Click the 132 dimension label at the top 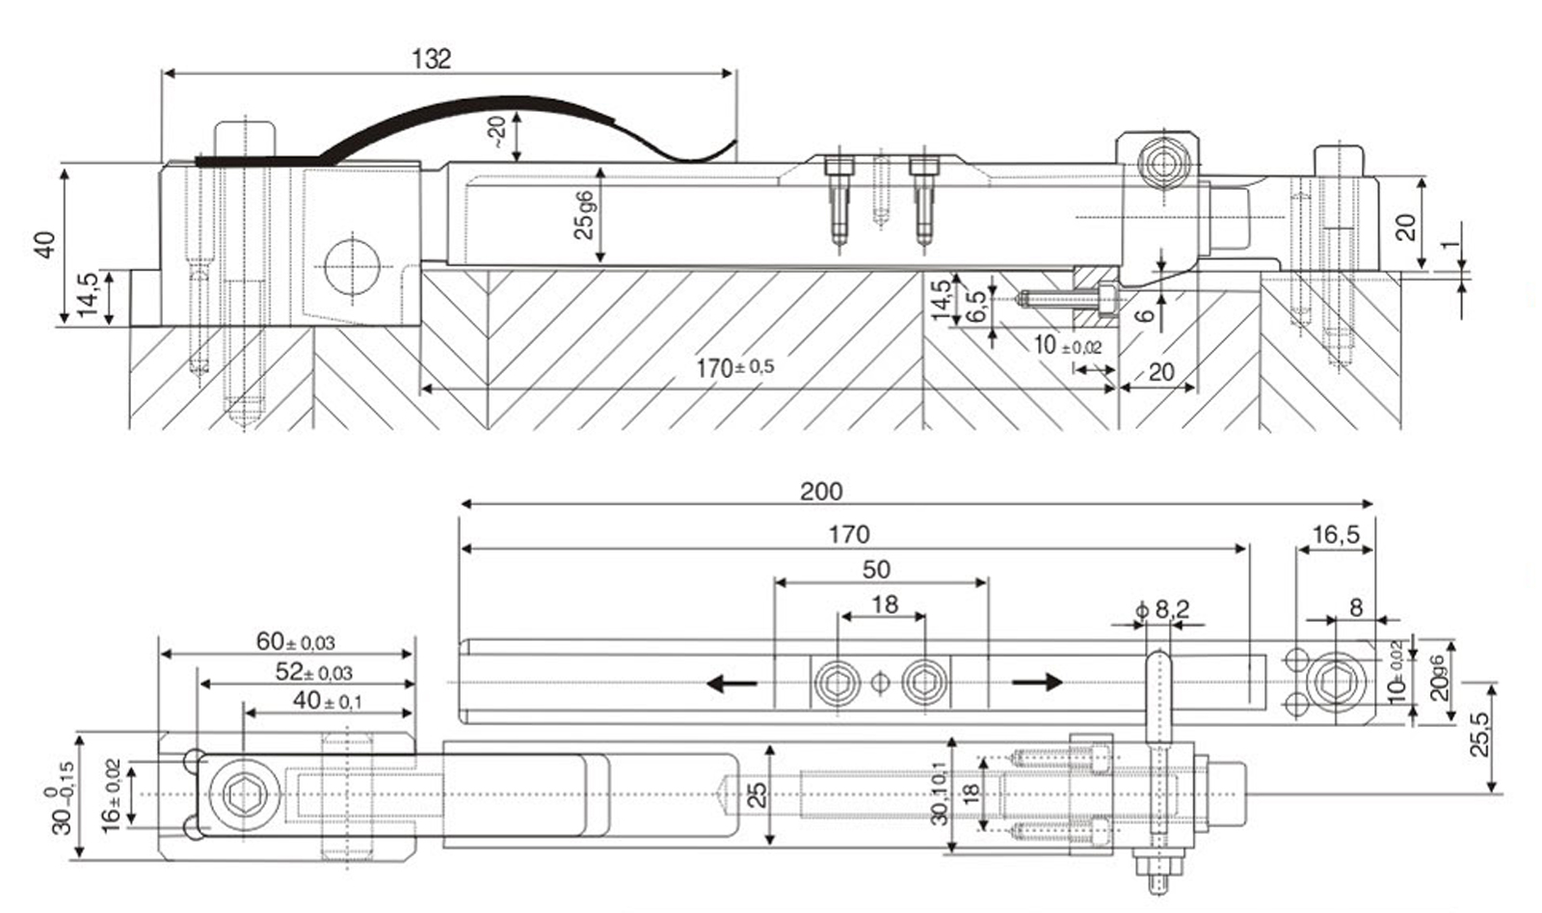click(431, 60)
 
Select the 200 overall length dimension click(821, 492)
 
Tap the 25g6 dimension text click(584, 215)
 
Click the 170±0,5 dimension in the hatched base click(734, 367)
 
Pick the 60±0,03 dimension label click(295, 642)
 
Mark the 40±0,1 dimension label click(327, 701)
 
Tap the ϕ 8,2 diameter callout click(1163, 609)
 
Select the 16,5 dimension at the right click(1335, 534)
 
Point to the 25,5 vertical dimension click(1479, 734)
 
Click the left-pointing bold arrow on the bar click(731, 684)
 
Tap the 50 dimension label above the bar click(876, 570)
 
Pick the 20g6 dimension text click(1437, 677)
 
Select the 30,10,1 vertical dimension click(940, 796)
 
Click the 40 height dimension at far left click(45, 244)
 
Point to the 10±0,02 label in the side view click(1067, 345)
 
